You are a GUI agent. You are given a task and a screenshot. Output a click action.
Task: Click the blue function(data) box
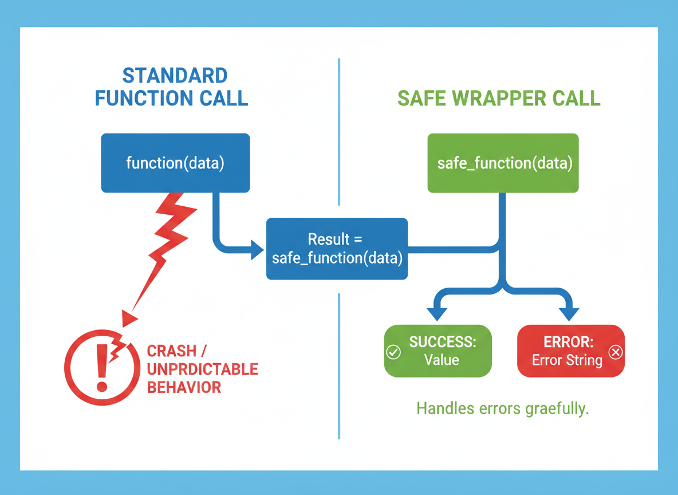(176, 163)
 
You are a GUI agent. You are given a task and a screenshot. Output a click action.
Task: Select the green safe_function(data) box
(503, 163)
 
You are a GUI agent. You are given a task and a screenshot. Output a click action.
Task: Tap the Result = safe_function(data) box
(337, 249)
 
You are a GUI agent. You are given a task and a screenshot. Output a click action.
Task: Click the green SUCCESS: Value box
(438, 351)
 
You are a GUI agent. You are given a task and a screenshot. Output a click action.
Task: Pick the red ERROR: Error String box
(571, 351)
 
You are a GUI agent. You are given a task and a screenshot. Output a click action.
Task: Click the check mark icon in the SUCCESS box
(393, 352)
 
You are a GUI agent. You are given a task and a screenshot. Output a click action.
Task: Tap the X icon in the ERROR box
(616, 352)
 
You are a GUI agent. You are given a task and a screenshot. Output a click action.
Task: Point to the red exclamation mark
(102, 368)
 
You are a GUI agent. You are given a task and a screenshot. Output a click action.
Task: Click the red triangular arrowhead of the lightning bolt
(129, 319)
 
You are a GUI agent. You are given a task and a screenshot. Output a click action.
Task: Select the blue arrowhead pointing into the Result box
(257, 250)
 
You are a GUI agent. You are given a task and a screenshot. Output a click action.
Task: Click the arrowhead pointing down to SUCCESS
(437, 314)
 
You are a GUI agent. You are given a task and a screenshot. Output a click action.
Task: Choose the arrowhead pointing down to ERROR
(569, 314)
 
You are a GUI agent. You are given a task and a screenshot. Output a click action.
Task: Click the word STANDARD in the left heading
(175, 76)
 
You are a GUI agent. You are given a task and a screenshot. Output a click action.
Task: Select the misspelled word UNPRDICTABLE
(202, 369)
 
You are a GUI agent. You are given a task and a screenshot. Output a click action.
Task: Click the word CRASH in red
(172, 351)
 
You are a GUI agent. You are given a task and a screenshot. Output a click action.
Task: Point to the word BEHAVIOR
(184, 387)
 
